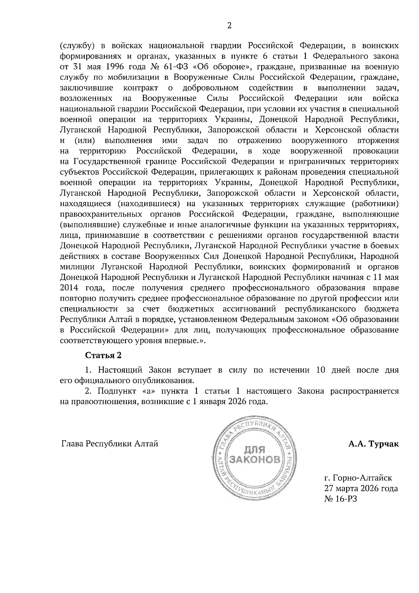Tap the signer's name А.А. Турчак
pyautogui.click(x=373, y=444)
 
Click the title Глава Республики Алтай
pyautogui.click(x=110, y=444)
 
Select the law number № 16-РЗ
pyautogui.click(x=341, y=499)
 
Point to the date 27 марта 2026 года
pyautogui.click(x=361, y=488)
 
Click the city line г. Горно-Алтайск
pyautogui.click(x=358, y=477)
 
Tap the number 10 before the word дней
pyautogui.click(x=321, y=370)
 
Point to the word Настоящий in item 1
pyautogui.click(x=119, y=370)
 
